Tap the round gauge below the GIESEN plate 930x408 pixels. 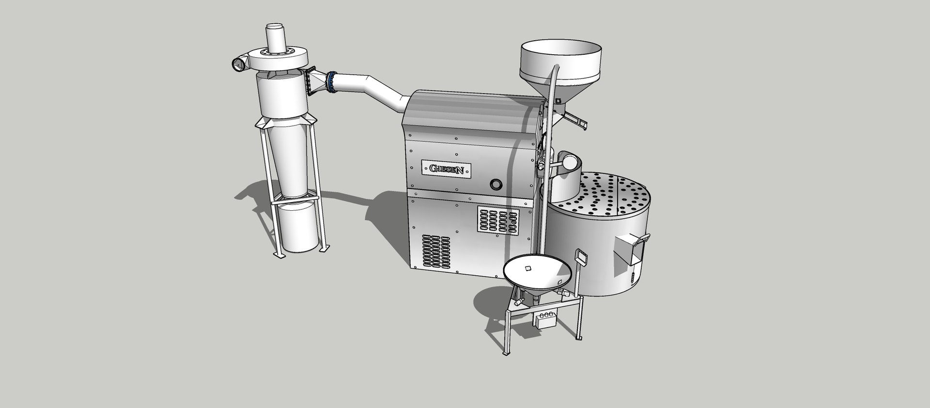(496, 184)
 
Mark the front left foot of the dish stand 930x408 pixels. (506, 353)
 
